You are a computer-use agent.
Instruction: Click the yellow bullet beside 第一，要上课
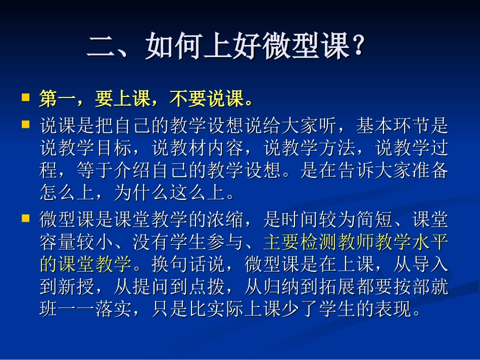click(25, 97)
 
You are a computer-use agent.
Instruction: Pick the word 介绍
click(133, 172)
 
